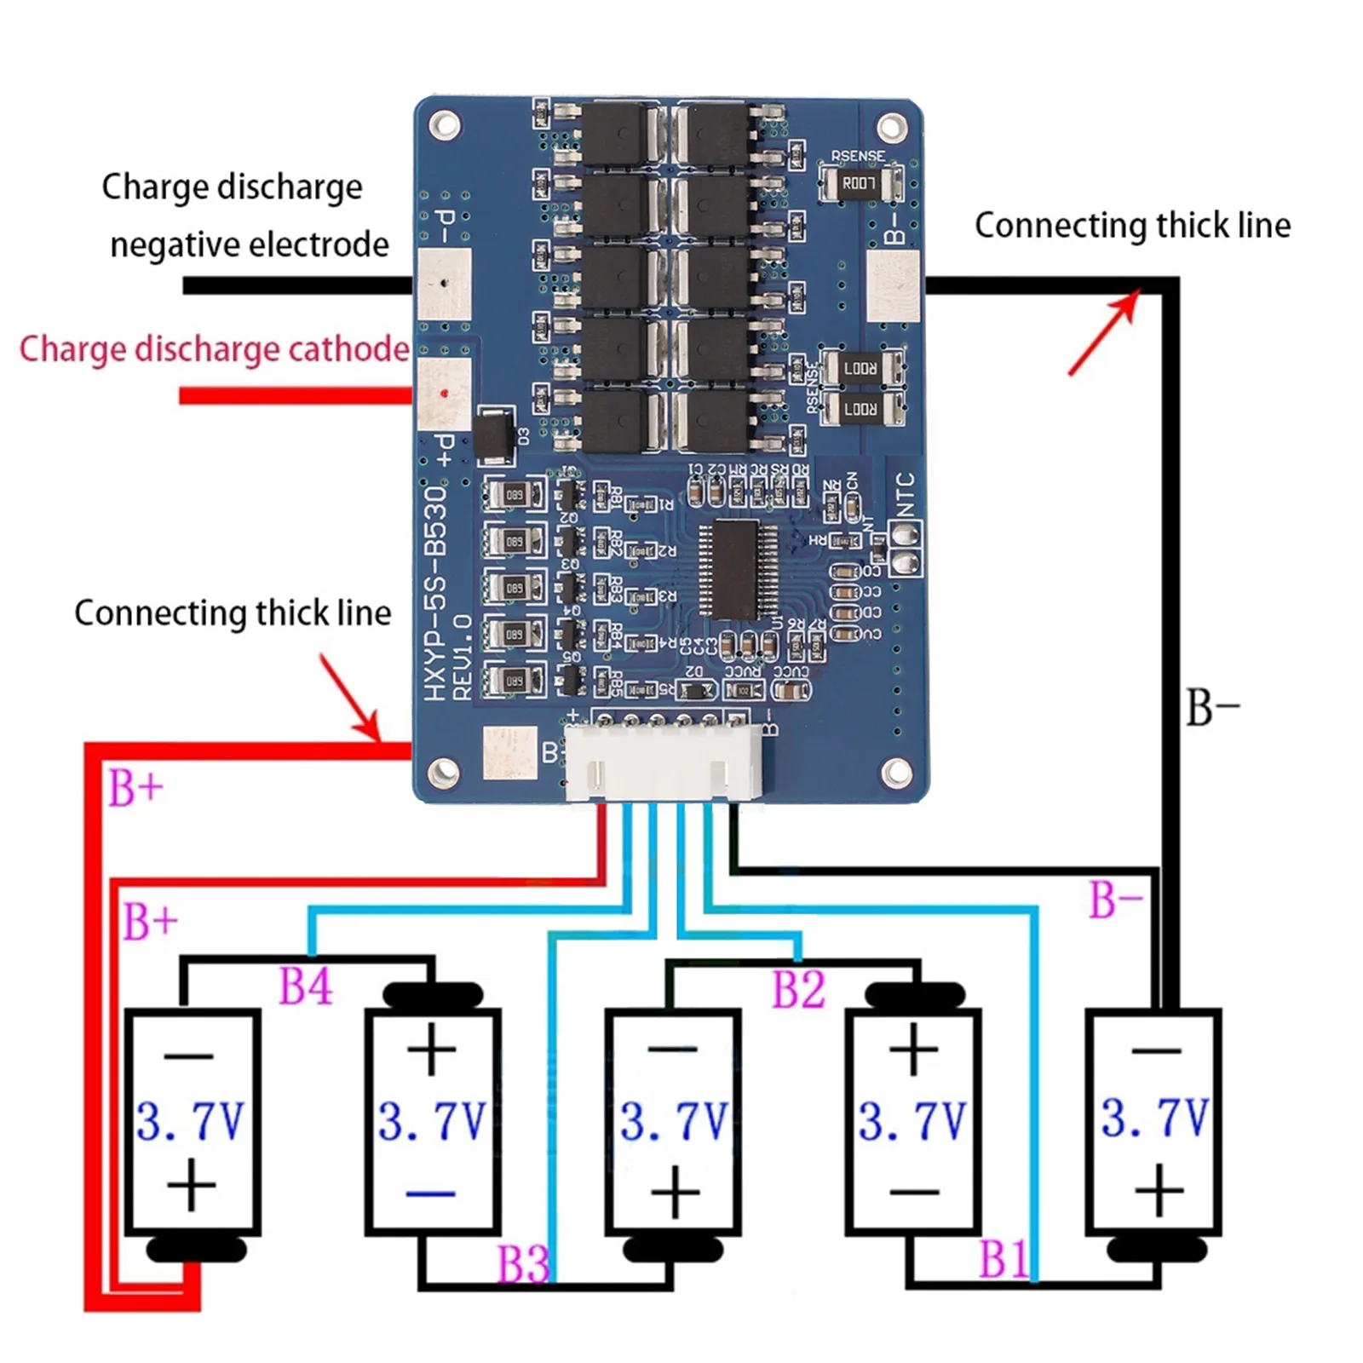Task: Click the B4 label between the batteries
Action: (305, 986)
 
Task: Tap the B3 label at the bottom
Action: (522, 1263)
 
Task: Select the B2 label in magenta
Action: (798, 989)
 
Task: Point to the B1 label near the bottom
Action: (1003, 1259)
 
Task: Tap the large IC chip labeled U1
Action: (738, 568)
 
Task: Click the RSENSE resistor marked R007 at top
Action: (860, 183)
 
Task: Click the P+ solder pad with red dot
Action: (444, 394)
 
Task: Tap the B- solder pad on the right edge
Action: (892, 285)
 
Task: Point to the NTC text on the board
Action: (906, 495)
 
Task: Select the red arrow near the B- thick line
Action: (1105, 332)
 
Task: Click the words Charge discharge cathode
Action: (214, 349)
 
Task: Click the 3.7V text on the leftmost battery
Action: (190, 1121)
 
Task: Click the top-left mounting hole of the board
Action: (444, 126)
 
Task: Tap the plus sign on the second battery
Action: (431, 1050)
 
